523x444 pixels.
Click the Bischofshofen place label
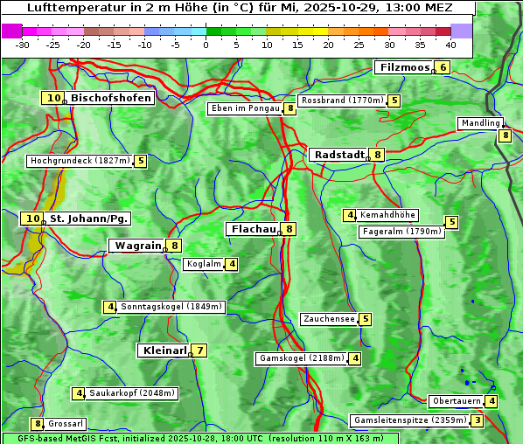click(111, 98)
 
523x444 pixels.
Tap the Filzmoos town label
click(404, 67)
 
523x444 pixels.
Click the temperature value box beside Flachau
click(289, 229)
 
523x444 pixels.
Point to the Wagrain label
click(138, 246)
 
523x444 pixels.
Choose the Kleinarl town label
click(164, 350)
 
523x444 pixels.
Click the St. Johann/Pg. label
click(89, 219)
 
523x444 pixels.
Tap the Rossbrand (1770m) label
click(342, 101)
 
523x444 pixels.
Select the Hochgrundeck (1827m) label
click(80, 161)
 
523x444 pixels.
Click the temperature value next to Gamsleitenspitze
click(478, 420)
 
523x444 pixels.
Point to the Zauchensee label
click(329, 319)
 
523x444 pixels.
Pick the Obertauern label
click(457, 401)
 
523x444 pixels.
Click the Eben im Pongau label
click(244, 108)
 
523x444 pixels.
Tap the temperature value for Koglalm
click(232, 264)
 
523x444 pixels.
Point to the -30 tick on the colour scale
click(23, 45)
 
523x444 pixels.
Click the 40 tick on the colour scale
click(450, 45)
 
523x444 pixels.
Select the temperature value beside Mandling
click(506, 135)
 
